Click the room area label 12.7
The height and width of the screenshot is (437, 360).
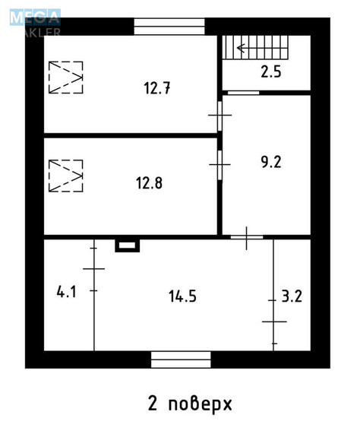tap(156, 87)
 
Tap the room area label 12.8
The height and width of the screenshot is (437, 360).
tap(150, 182)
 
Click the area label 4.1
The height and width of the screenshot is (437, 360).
tap(66, 290)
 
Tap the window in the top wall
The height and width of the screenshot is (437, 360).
tap(170, 26)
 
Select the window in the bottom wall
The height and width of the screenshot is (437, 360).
tap(180, 359)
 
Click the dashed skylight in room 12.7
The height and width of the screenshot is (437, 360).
tap(65, 77)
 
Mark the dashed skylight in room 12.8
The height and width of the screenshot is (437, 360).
tap(65, 176)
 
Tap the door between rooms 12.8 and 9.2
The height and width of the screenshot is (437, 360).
tap(219, 163)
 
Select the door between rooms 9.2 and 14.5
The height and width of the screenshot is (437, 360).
tap(247, 238)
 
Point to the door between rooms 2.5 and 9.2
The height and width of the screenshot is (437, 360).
tap(243, 93)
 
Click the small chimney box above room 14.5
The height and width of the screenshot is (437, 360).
tap(127, 245)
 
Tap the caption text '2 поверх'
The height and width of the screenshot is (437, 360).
tap(188, 403)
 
